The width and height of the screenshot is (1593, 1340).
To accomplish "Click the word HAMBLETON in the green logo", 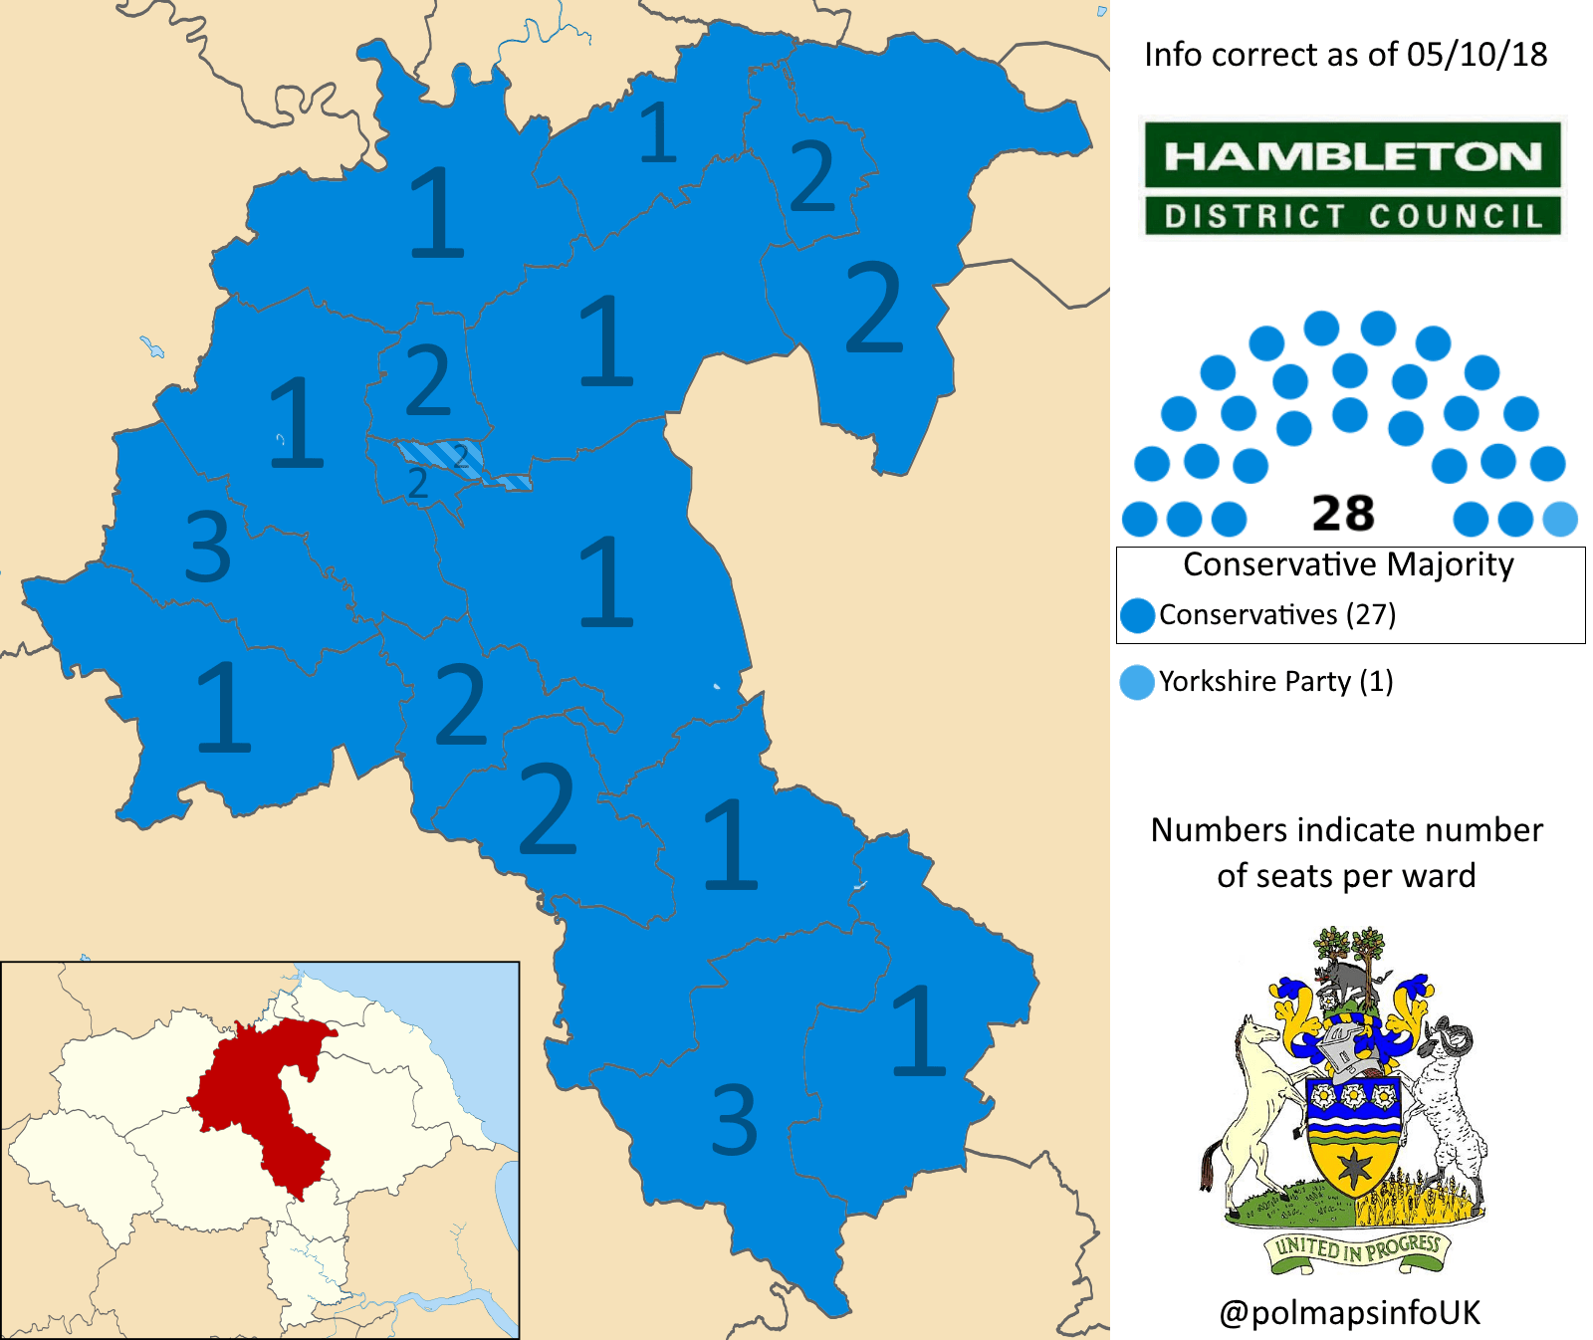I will coord(1352,156).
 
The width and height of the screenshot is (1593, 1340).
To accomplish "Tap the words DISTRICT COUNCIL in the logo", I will coord(1352,216).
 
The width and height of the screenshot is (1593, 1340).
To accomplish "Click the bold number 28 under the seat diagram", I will coord(1343,515).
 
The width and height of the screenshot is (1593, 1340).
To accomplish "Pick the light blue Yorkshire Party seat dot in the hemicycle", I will coord(1560,519).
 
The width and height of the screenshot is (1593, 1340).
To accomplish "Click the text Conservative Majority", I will coord(1348,564).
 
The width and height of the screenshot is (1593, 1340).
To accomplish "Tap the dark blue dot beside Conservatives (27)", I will coord(1137,615).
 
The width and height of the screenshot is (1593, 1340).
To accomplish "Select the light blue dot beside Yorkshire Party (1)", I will coord(1137,682).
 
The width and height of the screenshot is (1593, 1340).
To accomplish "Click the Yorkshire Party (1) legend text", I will coord(1275,682).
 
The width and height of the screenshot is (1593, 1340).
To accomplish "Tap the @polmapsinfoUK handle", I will coord(1349,1312).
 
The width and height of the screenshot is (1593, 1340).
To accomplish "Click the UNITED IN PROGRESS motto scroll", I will coord(1358,1248).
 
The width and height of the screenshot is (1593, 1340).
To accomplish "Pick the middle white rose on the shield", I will coord(1352,1096).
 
